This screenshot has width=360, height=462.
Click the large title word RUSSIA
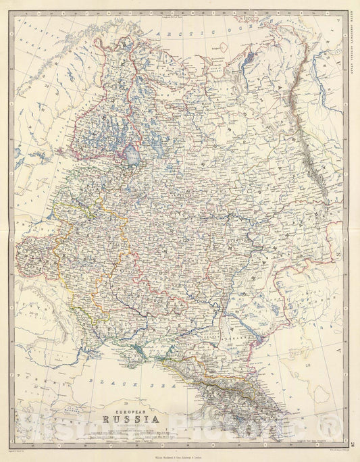coord(132,406)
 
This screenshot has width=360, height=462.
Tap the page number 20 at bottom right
coord(353,442)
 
